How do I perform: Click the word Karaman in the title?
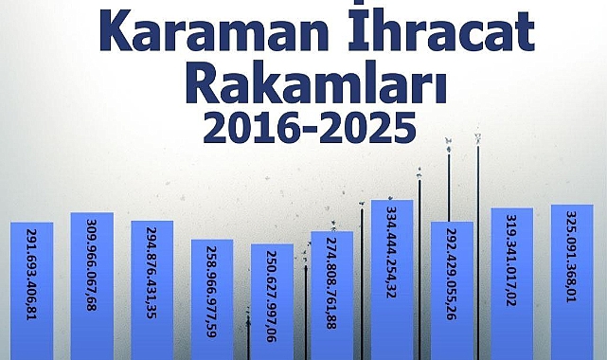[x=214, y=29]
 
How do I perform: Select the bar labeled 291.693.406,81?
[x=32, y=291]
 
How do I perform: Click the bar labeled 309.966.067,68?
[x=92, y=286]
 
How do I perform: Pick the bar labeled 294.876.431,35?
[x=152, y=290]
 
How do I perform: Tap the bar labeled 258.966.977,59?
[x=212, y=299]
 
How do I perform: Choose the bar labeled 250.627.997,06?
[x=272, y=302]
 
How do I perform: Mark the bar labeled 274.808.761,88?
[x=332, y=296]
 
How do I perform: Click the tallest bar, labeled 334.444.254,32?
[x=392, y=279]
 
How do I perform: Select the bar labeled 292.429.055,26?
[x=452, y=291]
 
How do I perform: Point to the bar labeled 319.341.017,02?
[x=512, y=284]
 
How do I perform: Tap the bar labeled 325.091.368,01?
[x=572, y=282]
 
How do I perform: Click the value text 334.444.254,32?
[x=392, y=252]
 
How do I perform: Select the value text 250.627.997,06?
[x=272, y=297]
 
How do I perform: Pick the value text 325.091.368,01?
[x=572, y=257]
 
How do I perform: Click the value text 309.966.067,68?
[x=92, y=265]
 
